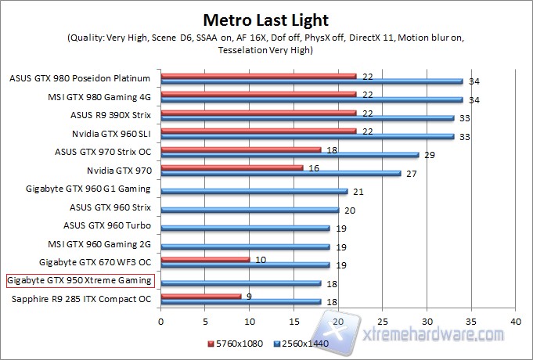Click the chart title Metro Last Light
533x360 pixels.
coord(266,19)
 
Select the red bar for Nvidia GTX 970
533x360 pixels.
coord(232,167)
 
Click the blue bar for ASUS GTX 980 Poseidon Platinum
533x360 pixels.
coord(312,81)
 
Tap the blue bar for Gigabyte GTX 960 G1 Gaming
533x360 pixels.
coord(254,191)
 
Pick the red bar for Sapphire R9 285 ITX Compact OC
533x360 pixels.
coord(200,296)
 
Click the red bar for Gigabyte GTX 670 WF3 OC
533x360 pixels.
coord(205,258)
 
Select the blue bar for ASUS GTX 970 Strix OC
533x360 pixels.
coord(290,154)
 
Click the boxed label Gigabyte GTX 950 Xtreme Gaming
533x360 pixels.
coord(79,279)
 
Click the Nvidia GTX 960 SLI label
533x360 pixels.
coord(117,133)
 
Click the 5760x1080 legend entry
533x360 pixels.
coord(232,343)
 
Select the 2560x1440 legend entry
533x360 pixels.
coord(301,343)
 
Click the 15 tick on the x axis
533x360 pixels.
coord(294,321)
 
